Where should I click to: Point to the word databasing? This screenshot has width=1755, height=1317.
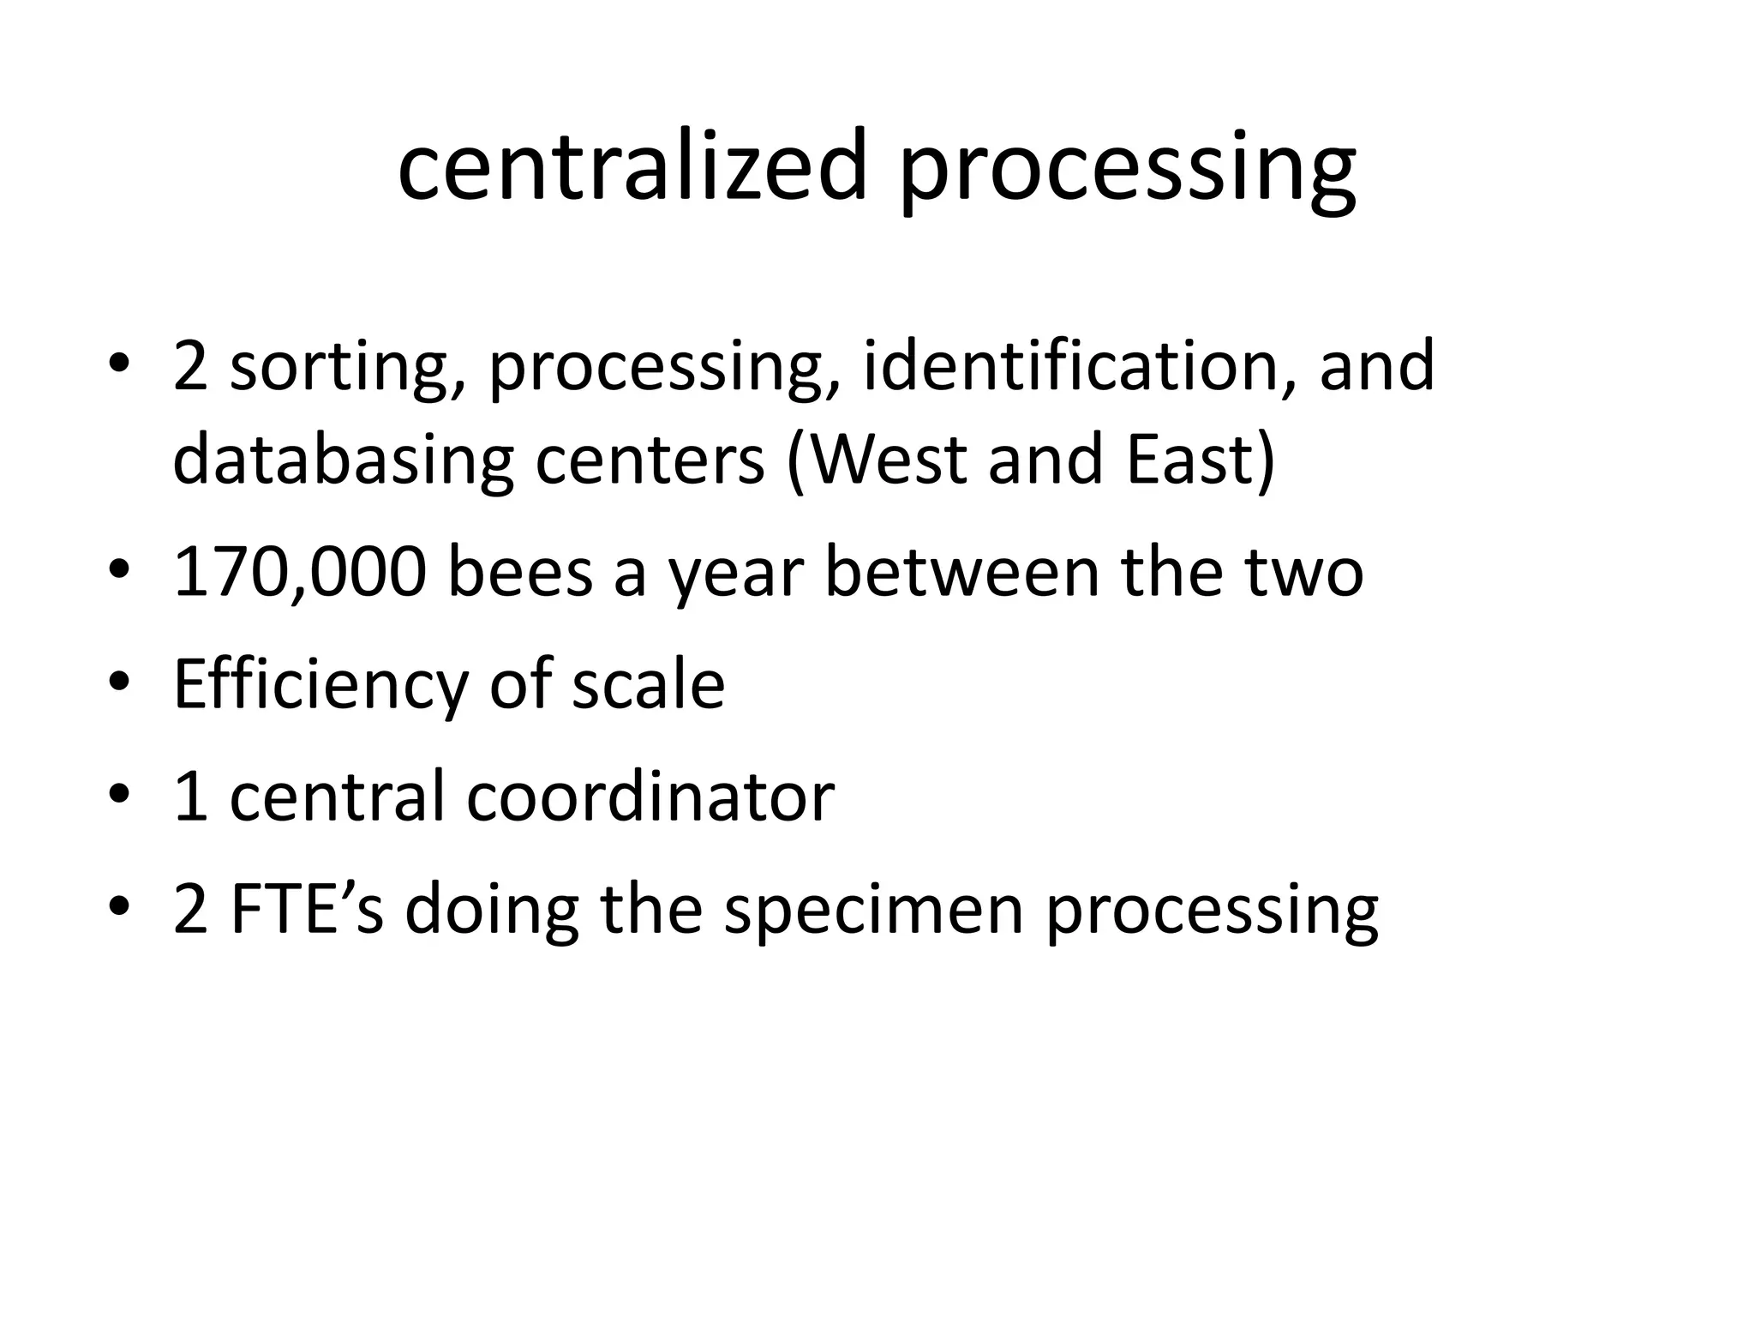coord(343,461)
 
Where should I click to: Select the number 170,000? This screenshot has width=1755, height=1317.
coord(299,573)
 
